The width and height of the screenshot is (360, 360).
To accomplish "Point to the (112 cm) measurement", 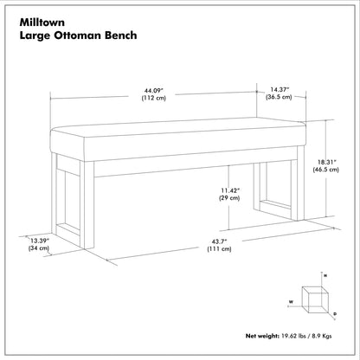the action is point(154,98).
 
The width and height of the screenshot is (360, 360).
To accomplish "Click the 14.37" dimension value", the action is point(280,90).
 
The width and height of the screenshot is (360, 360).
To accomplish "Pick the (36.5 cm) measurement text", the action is point(279,97).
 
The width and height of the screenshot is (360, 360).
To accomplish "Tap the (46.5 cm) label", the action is point(326,170).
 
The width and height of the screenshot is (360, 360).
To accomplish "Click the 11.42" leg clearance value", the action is point(231,190).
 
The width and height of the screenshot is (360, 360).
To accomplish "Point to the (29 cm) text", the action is point(229,198).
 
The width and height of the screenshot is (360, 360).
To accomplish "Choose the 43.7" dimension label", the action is point(220,241).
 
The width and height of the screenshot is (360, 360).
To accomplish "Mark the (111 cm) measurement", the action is point(219,248).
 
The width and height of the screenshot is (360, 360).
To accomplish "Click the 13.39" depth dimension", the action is point(40,241).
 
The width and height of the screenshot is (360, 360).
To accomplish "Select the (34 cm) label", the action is point(39,248).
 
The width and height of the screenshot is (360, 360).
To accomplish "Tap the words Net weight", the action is point(262,336).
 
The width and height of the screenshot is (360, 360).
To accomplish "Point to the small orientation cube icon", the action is point(315,299).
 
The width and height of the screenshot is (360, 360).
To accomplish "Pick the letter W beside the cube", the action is point(292,302).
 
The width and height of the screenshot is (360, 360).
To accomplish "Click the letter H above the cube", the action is point(325,276).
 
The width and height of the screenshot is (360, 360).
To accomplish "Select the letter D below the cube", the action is point(335,313).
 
